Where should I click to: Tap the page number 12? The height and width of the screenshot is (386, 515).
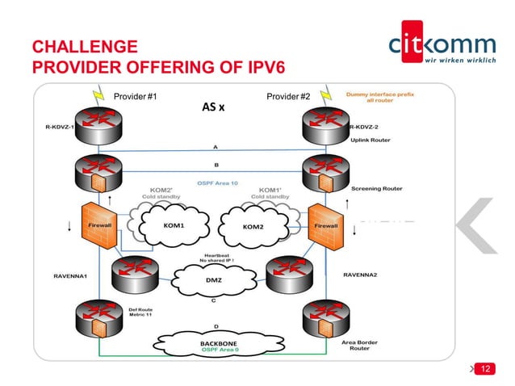(485, 368)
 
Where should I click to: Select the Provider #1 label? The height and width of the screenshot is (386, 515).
(135, 97)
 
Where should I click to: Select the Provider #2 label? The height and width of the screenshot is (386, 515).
(288, 97)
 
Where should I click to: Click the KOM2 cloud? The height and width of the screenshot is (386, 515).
(253, 226)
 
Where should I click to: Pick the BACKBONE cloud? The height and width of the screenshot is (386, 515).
(219, 345)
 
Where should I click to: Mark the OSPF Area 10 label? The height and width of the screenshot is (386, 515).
(219, 183)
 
